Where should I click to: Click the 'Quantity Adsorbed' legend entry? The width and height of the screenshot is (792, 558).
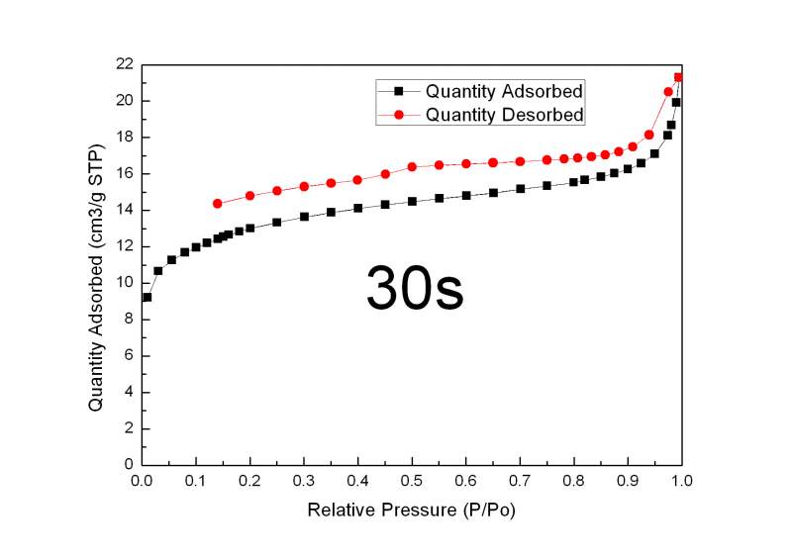pyautogui.click(x=504, y=91)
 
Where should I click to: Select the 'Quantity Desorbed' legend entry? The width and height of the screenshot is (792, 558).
pyautogui.click(x=505, y=115)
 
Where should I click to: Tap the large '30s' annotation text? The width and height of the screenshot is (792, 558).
pyautogui.click(x=415, y=287)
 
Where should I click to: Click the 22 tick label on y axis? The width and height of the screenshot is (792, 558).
pyautogui.click(x=123, y=64)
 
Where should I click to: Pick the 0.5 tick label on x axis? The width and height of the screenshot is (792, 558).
pyautogui.click(x=412, y=480)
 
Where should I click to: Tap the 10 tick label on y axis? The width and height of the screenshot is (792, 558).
pyautogui.click(x=123, y=283)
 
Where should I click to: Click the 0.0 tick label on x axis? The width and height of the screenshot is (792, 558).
pyautogui.click(x=142, y=480)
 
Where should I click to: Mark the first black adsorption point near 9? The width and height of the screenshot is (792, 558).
pyautogui.click(x=148, y=297)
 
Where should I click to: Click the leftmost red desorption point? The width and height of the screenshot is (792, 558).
pyautogui.click(x=217, y=204)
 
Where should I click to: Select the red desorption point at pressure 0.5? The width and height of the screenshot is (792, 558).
pyautogui.click(x=412, y=166)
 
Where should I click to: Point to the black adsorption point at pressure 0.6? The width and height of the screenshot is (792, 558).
pyautogui.click(x=466, y=196)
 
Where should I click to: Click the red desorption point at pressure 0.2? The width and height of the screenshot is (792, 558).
pyautogui.click(x=249, y=196)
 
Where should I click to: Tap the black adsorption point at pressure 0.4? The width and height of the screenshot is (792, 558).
pyautogui.click(x=358, y=208)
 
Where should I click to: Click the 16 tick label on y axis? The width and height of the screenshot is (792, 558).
pyautogui.click(x=123, y=173)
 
